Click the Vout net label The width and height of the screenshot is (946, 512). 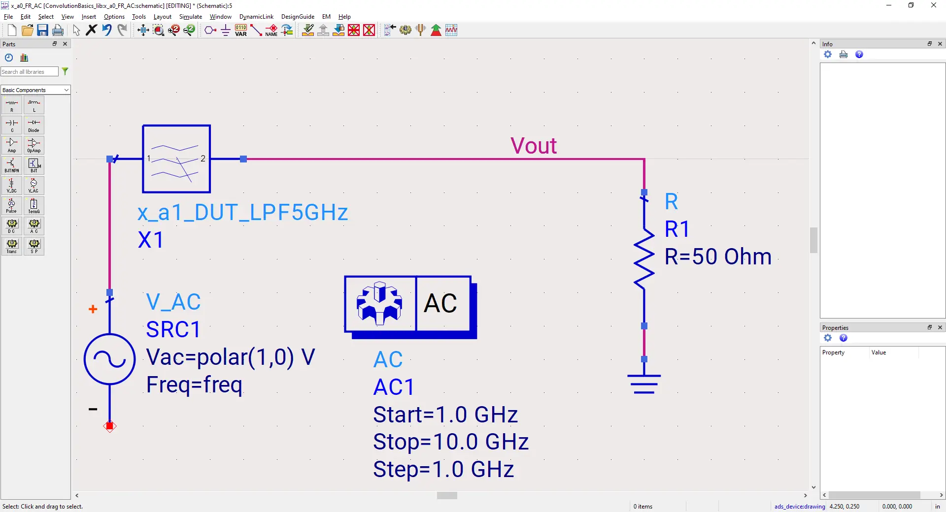pyautogui.click(x=533, y=146)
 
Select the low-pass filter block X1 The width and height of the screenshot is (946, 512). pyautogui.click(x=176, y=159)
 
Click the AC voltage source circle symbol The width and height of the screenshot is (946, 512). pyautogui.click(x=109, y=359)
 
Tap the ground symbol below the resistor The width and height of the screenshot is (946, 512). pyautogui.click(x=644, y=384)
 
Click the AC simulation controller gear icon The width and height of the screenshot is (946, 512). pyautogui.click(x=380, y=303)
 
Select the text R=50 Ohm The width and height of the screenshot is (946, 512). pyautogui.click(x=717, y=256)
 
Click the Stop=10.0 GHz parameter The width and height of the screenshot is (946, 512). pyautogui.click(x=450, y=442)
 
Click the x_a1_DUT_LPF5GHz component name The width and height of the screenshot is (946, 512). pyautogui.click(x=242, y=212)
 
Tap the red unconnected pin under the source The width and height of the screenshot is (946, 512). pyautogui.click(x=110, y=426)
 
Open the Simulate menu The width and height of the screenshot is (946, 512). pyautogui.click(x=190, y=17)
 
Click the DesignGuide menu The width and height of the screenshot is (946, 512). pyautogui.click(x=298, y=17)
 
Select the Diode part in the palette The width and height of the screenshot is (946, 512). pyautogui.click(x=34, y=126)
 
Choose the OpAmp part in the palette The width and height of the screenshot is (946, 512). pyautogui.click(x=34, y=145)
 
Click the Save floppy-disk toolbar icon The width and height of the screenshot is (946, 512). pyautogui.click(x=42, y=31)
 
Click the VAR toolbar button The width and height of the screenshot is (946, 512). pyautogui.click(x=241, y=31)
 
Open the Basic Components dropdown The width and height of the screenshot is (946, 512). pyautogui.click(x=35, y=90)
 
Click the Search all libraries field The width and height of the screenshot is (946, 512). pyautogui.click(x=29, y=72)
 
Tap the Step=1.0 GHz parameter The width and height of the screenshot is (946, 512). pyautogui.click(x=443, y=469)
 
